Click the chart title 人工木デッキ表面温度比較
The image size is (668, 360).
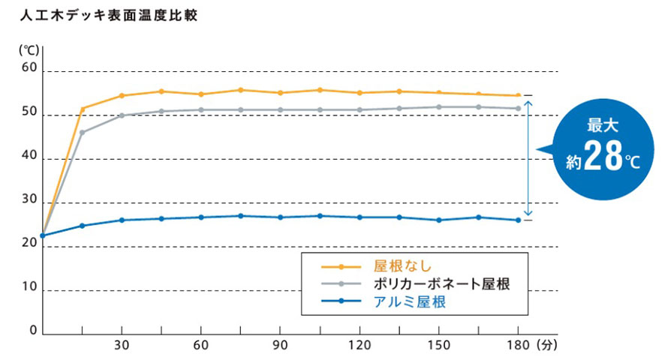click(x=109, y=15)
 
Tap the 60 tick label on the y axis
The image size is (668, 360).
click(x=29, y=67)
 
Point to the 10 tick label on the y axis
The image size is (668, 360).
click(x=29, y=286)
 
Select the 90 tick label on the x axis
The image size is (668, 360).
click(x=280, y=345)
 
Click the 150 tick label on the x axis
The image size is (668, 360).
click(x=439, y=345)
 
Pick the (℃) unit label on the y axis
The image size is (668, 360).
click(x=29, y=50)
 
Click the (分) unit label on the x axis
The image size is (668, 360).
click(x=547, y=345)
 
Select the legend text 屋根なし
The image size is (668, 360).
click(x=402, y=266)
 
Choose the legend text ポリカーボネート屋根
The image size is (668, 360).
click(x=442, y=283)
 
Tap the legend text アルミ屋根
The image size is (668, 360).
click(x=410, y=301)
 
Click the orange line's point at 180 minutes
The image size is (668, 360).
click(x=518, y=95)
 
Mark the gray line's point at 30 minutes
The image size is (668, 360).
click(x=122, y=115)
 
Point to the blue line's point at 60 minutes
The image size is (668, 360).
click(x=201, y=217)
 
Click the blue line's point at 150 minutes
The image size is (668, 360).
click(x=439, y=220)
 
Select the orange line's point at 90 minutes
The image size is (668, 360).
click(x=280, y=93)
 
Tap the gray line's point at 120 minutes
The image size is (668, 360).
click(x=360, y=109)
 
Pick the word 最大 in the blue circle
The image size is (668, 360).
click(x=603, y=125)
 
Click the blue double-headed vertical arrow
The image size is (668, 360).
click(x=528, y=157)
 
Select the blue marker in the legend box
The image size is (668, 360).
click(x=341, y=301)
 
